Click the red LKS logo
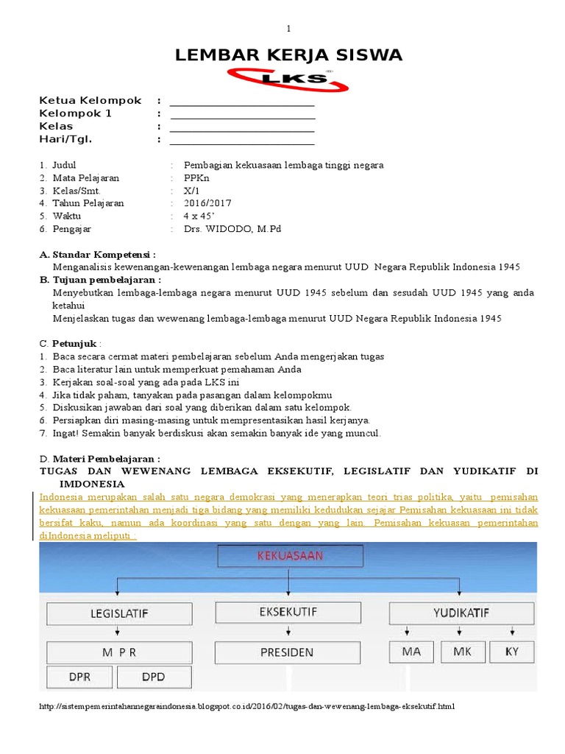289,79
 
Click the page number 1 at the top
289,29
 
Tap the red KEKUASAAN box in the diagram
289,557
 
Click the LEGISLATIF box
121,613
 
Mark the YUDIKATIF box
460,613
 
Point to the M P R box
119,652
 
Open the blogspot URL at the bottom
246,707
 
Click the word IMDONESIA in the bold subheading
92,484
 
